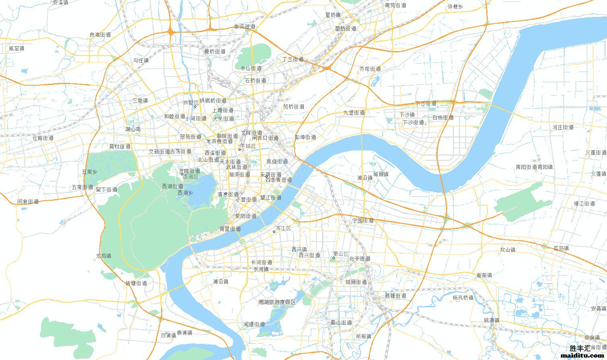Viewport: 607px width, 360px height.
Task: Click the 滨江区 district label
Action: pos(283,228)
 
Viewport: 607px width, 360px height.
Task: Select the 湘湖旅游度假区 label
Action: pos(277,302)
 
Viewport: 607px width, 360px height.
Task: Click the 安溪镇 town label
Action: pos(60,2)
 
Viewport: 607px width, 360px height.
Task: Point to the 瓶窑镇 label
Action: pos(16,48)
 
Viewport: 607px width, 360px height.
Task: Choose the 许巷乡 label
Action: pos(455,7)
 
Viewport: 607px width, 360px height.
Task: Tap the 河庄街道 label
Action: pos(563,127)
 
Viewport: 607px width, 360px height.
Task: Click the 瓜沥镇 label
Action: pos(561,248)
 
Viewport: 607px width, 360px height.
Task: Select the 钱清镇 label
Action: pos(491,320)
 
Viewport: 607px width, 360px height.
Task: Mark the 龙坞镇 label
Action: pos(103,256)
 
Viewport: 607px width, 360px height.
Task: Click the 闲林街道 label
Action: pos(28,201)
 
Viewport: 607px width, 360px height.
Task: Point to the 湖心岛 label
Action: pos(133,129)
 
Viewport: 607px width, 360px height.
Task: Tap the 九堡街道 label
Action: pos(354,113)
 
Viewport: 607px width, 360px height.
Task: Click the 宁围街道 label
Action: pos(363,220)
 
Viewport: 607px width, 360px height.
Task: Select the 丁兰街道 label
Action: pos(293,59)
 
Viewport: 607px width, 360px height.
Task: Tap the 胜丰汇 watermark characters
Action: pos(580,348)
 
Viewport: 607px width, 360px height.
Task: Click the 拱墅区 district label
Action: pos(190,103)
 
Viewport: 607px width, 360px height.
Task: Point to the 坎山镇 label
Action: pos(507,249)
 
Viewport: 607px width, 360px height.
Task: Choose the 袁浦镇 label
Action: pos(184,333)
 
